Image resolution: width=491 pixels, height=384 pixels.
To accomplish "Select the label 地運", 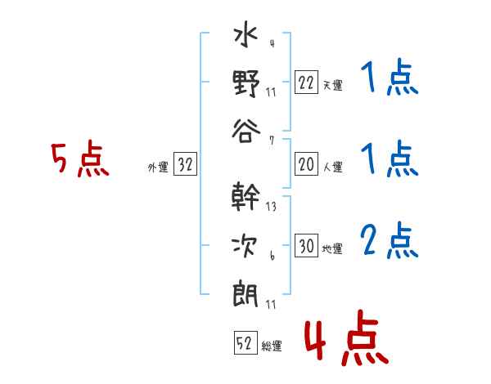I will [332, 248].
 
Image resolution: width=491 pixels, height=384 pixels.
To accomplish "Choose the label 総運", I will [272, 346].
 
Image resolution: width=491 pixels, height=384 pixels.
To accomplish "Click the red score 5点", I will [79, 160].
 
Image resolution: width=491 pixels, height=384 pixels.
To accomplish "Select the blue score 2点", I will [390, 240].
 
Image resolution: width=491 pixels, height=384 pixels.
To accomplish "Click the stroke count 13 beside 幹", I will [271, 206].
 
